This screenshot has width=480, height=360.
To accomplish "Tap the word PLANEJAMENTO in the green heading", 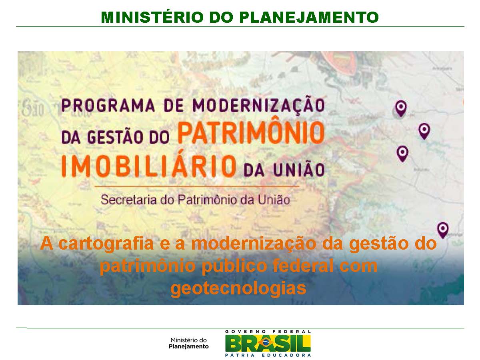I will tap(308, 17).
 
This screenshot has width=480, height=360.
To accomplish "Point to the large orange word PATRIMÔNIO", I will tap(250, 134).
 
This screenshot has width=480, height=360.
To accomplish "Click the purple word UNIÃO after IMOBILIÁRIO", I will tap(304, 170).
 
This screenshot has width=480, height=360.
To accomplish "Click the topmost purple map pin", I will tap(400, 108).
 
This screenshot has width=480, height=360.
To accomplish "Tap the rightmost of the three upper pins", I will tap(424, 130).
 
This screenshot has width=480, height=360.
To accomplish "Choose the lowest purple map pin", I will tap(442, 229).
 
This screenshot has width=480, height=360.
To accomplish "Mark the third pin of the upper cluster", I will tap(402, 153).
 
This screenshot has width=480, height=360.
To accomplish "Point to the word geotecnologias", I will tap(238, 288).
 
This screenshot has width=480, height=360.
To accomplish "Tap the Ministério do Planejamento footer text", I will tap(189, 343).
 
